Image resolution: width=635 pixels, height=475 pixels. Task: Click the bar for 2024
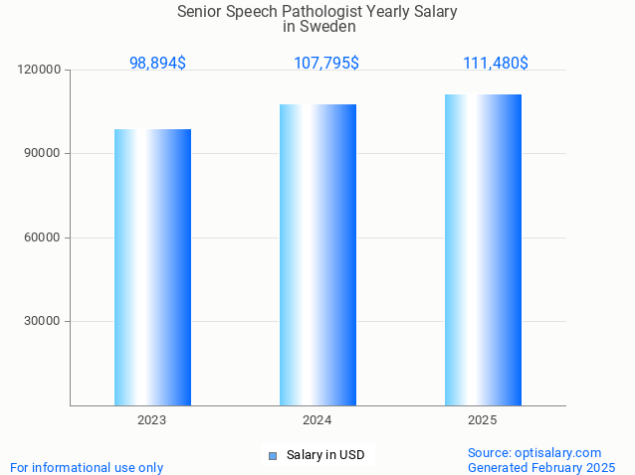tap(317, 254)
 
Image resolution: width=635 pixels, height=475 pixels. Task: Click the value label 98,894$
tap(157, 63)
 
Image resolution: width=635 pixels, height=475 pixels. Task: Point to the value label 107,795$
tap(326, 63)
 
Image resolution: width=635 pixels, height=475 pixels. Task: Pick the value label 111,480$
tap(496, 63)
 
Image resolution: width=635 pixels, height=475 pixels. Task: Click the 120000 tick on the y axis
tap(41, 70)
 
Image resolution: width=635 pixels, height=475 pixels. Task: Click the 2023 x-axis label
tap(152, 420)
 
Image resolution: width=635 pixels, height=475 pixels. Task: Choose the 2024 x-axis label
tap(317, 420)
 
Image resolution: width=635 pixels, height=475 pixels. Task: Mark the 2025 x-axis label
tap(483, 420)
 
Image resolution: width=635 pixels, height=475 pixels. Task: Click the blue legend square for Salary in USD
tap(272, 456)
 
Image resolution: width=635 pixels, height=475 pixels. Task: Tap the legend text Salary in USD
tap(325, 455)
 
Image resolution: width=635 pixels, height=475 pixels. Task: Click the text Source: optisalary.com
tap(534, 452)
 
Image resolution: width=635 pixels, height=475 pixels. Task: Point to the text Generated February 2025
tap(541, 467)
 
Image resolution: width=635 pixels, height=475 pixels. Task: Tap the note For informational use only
tap(87, 467)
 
